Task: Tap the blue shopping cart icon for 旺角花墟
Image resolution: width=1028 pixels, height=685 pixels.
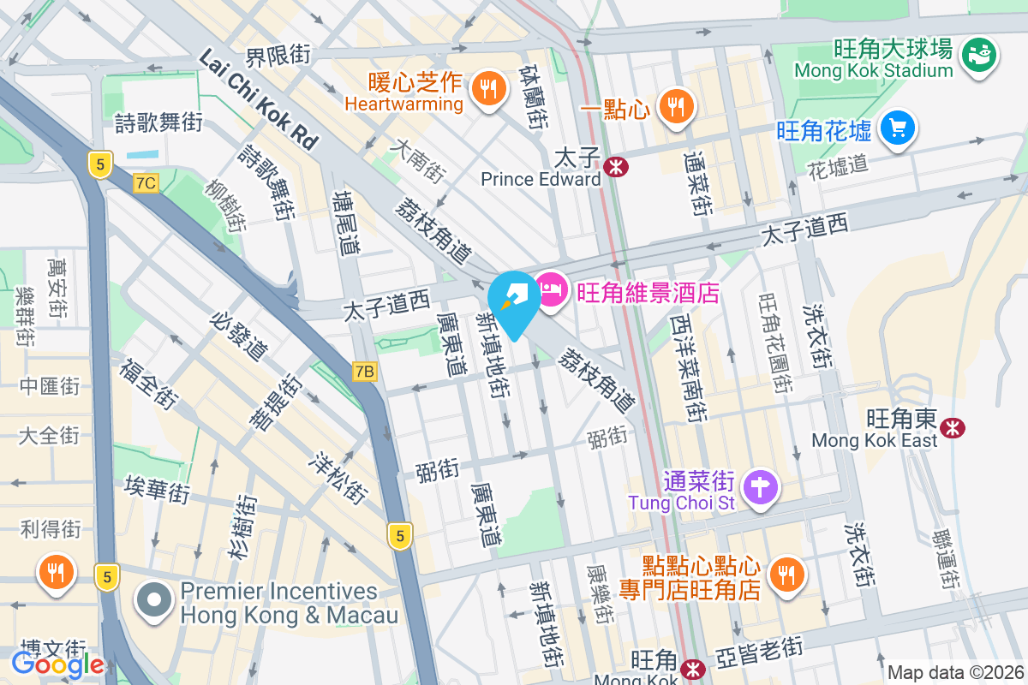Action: pyautogui.click(x=897, y=128)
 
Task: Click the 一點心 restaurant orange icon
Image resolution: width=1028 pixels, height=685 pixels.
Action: pyautogui.click(x=677, y=106)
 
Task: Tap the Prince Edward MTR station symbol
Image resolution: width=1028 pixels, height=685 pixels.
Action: pyautogui.click(x=614, y=167)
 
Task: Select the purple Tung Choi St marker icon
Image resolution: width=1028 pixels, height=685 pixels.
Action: pyautogui.click(x=760, y=488)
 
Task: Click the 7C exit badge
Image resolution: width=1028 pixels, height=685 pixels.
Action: pyautogui.click(x=146, y=182)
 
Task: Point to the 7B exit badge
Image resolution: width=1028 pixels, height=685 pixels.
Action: pyautogui.click(x=365, y=372)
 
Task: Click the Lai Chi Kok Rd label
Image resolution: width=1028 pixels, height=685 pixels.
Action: pyautogui.click(x=257, y=98)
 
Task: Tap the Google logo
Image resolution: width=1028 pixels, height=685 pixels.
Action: pyautogui.click(x=57, y=664)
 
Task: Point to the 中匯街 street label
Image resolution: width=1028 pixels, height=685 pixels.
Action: pyautogui.click(x=49, y=386)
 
